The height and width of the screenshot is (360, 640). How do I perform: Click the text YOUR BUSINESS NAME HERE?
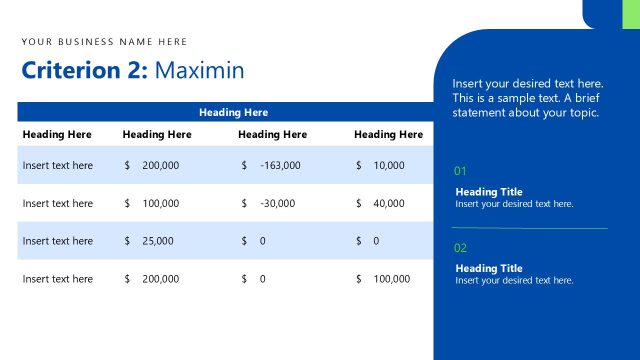click(104, 42)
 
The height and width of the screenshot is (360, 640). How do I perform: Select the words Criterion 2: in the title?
click(85, 70)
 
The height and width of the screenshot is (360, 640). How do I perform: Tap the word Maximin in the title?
click(199, 70)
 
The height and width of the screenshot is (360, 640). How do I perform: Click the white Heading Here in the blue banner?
click(233, 112)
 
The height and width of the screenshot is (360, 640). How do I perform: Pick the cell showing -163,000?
click(279, 165)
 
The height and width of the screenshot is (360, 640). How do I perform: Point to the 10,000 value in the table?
click(389, 165)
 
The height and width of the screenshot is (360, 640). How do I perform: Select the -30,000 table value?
click(277, 203)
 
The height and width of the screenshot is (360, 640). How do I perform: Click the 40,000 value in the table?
click(389, 203)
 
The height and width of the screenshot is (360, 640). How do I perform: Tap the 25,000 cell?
click(157, 241)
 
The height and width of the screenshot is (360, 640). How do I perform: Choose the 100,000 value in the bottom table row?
click(392, 279)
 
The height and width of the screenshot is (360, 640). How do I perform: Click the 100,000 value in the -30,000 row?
click(160, 203)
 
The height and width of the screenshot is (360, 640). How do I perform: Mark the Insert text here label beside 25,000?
click(57, 241)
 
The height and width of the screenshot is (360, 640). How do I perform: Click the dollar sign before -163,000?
click(244, 165)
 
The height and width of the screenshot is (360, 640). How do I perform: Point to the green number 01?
click(460, 171)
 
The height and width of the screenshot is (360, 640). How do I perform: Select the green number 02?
click(460, 247)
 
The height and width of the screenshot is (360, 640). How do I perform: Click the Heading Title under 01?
click(489, 192)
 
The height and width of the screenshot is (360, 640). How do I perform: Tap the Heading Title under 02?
click(489, 268)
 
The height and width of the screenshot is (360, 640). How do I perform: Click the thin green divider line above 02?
click(529, 229)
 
